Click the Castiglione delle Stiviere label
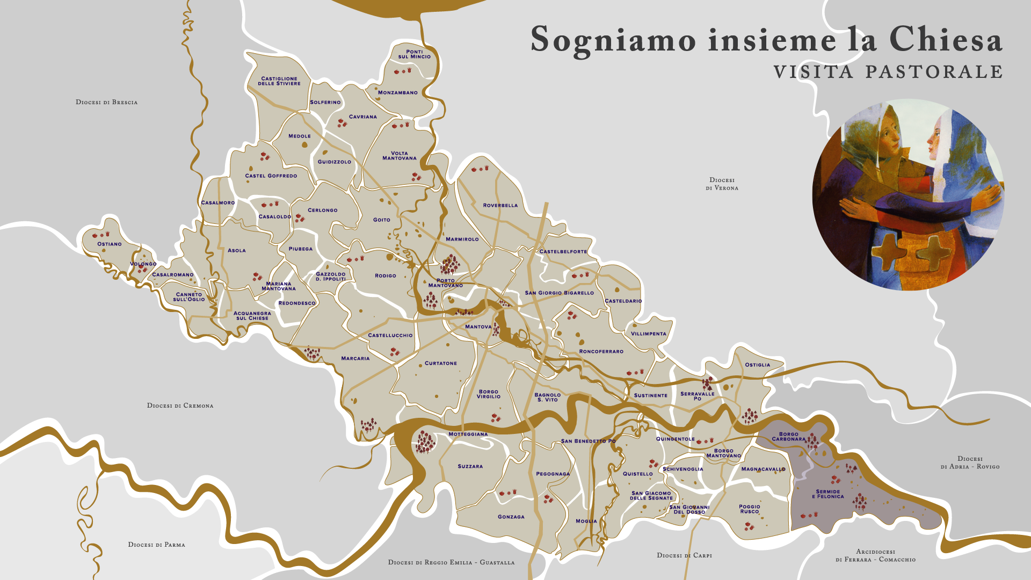(279, 81)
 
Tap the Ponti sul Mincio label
(414, 54)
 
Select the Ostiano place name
(110, 244)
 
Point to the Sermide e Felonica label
(827, 494)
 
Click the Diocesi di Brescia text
(106, 102)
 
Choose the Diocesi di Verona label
(722, 184)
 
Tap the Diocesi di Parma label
(156, 545)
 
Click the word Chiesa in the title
(945, 40)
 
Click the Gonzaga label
(511, 517)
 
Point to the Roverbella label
(500, 205)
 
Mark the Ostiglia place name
(757, 365)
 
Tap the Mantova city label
(478, 327)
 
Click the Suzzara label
(470, 466)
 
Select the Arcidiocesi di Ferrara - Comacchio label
(875, 556)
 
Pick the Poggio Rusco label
(749, 509)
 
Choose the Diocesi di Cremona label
(180, 405)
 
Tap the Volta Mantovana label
(399, 156)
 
